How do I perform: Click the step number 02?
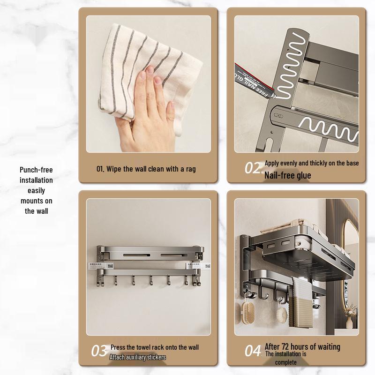coord(253,168)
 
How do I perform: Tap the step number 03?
coord(99,351)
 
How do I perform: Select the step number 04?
coord(253,351)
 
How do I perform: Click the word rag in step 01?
coord(191,169)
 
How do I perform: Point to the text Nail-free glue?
coord(287,175)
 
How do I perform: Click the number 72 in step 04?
coord(285,346)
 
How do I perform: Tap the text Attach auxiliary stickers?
coord(137,357)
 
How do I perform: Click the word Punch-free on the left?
coord(36,170)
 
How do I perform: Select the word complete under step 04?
coord(286,362)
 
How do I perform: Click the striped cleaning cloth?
coord(148,72)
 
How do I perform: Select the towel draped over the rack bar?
coord(301,302)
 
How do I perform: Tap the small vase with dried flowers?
coord(350,316)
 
